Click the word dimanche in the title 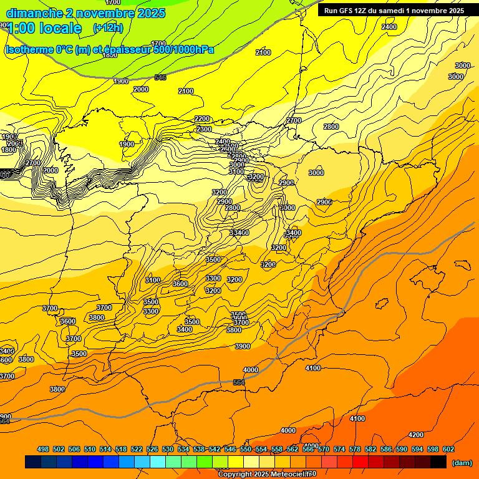tap(34, 13)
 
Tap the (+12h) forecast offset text tap(108, 28)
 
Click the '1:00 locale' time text tap(44, 28)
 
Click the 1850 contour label tap(110, 55)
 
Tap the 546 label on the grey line tap(160, 77)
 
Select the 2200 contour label tap(202, 119)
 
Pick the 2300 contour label tap(204, 129)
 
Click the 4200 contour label tap(415, 435)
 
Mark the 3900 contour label tap(243, 346)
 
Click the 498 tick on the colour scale tap(43, 449)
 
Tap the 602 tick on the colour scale tap(448, 449)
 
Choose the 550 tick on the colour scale tap(246, 449)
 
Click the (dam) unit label tap(461, 462)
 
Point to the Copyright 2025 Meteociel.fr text tap(267, 474)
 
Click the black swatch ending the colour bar tap(438, 462)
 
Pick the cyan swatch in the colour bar tap(158, 462)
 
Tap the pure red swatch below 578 tap(360, 462)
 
